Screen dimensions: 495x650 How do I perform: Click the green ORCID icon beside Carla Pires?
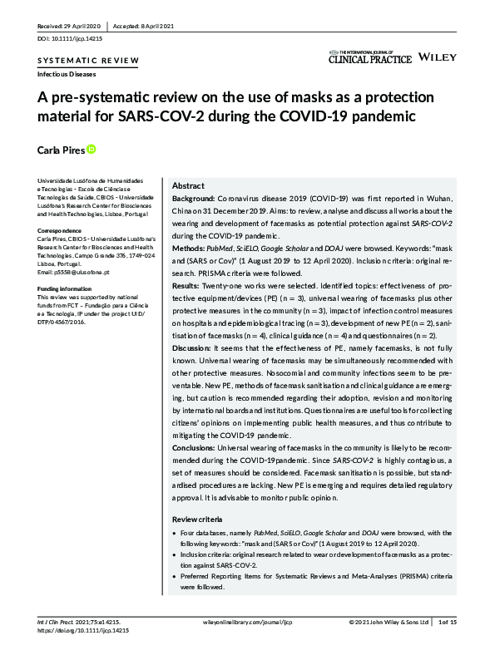coord(92,149)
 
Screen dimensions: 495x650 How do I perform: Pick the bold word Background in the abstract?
coord(193,201)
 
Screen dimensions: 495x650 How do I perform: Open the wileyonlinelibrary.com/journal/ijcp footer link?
coord(247,621)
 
